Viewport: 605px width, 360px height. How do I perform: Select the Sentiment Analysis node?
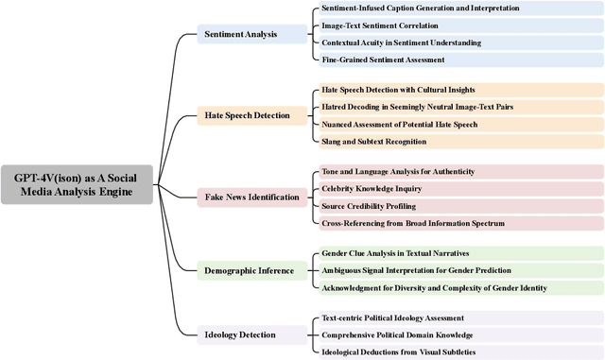click(x=241, y=35)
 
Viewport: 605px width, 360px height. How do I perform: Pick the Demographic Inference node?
click(x=250, y=270)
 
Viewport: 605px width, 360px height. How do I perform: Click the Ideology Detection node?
click(x=240, y=334)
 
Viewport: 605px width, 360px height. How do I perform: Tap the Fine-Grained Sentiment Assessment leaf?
click(x=382, y=60)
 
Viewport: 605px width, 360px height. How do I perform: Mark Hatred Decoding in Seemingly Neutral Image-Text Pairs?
click(x=417, y=108)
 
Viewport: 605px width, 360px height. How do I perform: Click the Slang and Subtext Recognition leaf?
click(x=373, y=142)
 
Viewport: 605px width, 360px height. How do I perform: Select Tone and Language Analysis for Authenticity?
click(x=398, y=172)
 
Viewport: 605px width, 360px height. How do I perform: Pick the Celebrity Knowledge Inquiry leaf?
click(x=372, y=189)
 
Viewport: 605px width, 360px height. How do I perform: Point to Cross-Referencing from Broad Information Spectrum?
click(x=412, y=223)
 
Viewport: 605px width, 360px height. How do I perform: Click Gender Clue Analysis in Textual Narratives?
click(x=395, y=253)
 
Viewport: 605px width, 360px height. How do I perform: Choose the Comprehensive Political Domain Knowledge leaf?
click(x=397, y=334)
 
